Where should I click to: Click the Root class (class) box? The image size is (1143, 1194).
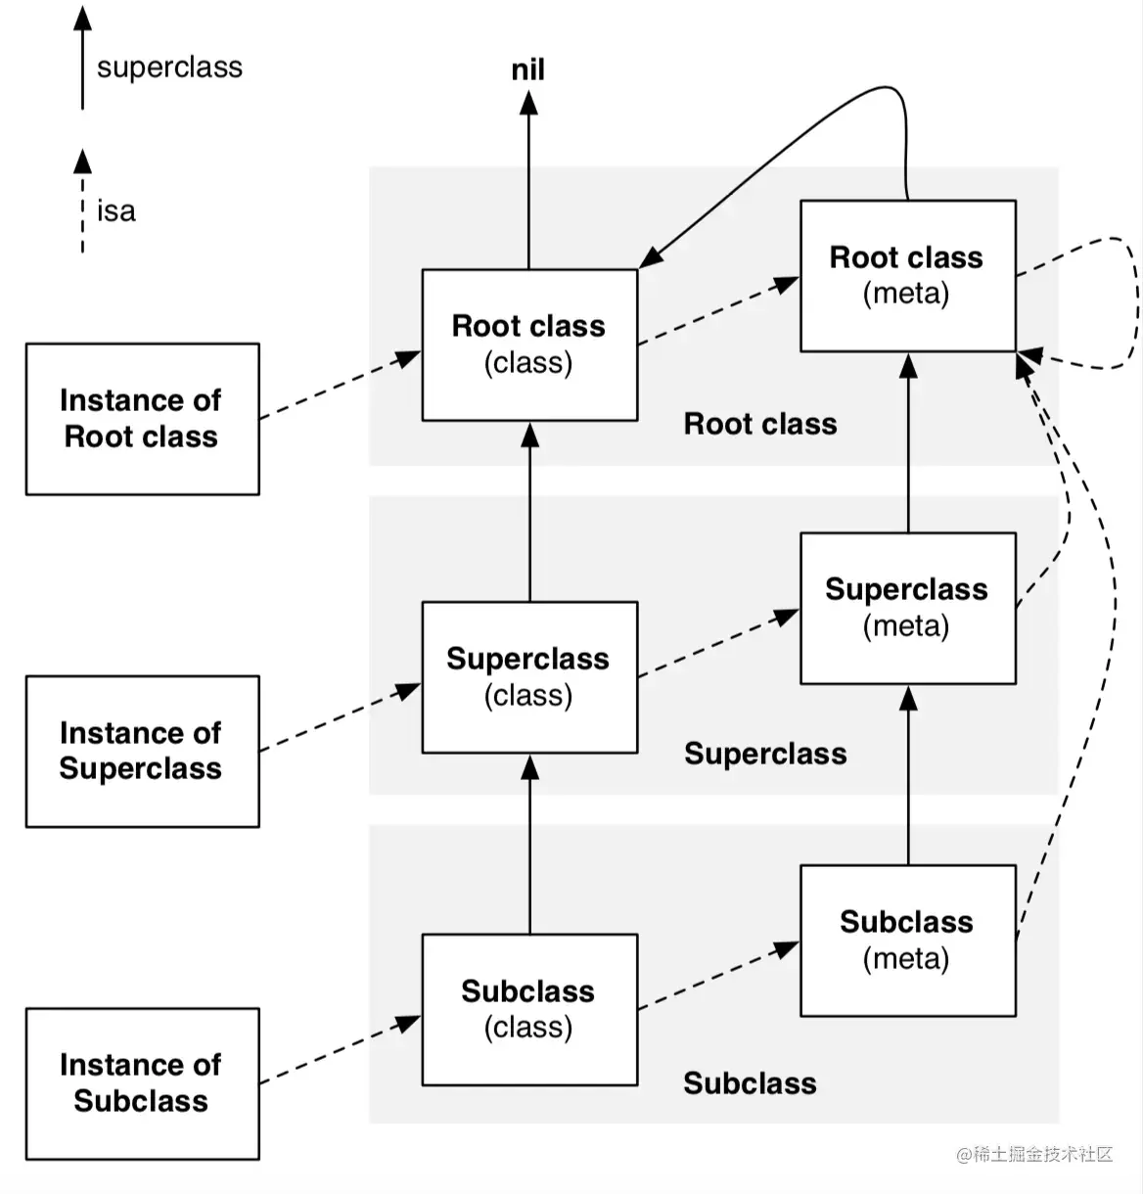pyautogui.click(x=529, y=344)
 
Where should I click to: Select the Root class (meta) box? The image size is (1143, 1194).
pyautogui.click(x=908, y=275)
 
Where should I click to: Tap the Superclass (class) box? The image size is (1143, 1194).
pyautogui.click(x=529, y=677)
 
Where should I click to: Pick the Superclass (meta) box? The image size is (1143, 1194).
pyautogui.click(x=908, y=608)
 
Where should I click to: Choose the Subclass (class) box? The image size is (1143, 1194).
pyautogui.click(x=529, y=1010)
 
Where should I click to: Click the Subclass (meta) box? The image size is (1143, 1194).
pyautogui.click(x=908, y=941)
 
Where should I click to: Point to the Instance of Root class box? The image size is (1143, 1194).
pyautogui.click(x=142, y=419)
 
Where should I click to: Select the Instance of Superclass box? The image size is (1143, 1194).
pyautogui.click(x=142, y=752)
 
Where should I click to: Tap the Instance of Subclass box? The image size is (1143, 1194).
pyautogui.click(x=142, y=1084)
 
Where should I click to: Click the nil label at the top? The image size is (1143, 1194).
pyautogui.click(x=527, y=69)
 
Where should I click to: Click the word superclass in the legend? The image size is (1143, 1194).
pyautogui.click(x=169, y=67)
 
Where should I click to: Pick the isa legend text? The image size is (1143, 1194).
pyautogui.click(x=115, y=211)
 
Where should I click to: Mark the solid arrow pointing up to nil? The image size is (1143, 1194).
pyautogui.click(x=528, y=180)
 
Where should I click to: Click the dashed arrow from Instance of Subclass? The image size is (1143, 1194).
pyautogui.click(x=341, y=1050)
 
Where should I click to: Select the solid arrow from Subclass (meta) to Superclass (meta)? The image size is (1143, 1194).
pyautogui.click(x=908, y=775)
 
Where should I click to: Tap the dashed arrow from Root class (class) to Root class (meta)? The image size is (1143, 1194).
pyautogui.click(x=719, y=310)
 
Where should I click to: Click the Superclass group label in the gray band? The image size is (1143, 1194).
pyautogui.click(x=765, y=754)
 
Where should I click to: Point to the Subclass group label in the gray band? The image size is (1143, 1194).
pyautogui.click(x=750, y=1083)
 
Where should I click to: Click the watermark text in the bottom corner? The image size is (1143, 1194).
pyautogui.click(x=1034, y=1154)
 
